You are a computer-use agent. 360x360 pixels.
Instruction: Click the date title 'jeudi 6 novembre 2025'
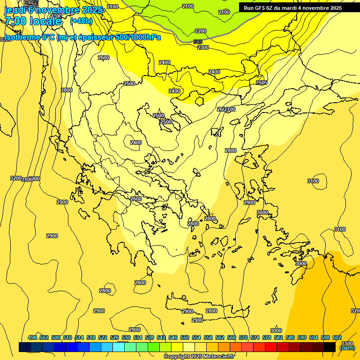(52, 9)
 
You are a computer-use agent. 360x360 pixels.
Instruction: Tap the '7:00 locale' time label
(33, 22)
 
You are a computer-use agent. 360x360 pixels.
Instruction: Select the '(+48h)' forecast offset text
(81, 21)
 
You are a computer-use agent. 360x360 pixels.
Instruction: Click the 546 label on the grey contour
(198, 42)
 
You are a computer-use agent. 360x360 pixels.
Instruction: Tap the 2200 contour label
(201, 31)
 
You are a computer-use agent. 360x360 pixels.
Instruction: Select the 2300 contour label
(203, 47)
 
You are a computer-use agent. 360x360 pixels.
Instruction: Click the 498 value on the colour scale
(32, 337)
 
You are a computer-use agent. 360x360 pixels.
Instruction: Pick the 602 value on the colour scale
(337, 337)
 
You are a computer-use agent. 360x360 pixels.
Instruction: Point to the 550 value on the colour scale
(185, 337)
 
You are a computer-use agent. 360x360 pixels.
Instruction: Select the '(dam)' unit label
(347, 348)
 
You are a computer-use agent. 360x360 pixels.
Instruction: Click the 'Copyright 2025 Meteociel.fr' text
(198, 356)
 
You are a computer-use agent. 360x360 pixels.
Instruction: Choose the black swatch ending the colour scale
(330, 347)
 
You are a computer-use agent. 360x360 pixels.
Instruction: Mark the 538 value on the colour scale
(150, 337)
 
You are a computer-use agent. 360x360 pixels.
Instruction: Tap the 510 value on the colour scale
(67, 337)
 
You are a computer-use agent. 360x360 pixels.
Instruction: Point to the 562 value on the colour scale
(220, 337)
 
